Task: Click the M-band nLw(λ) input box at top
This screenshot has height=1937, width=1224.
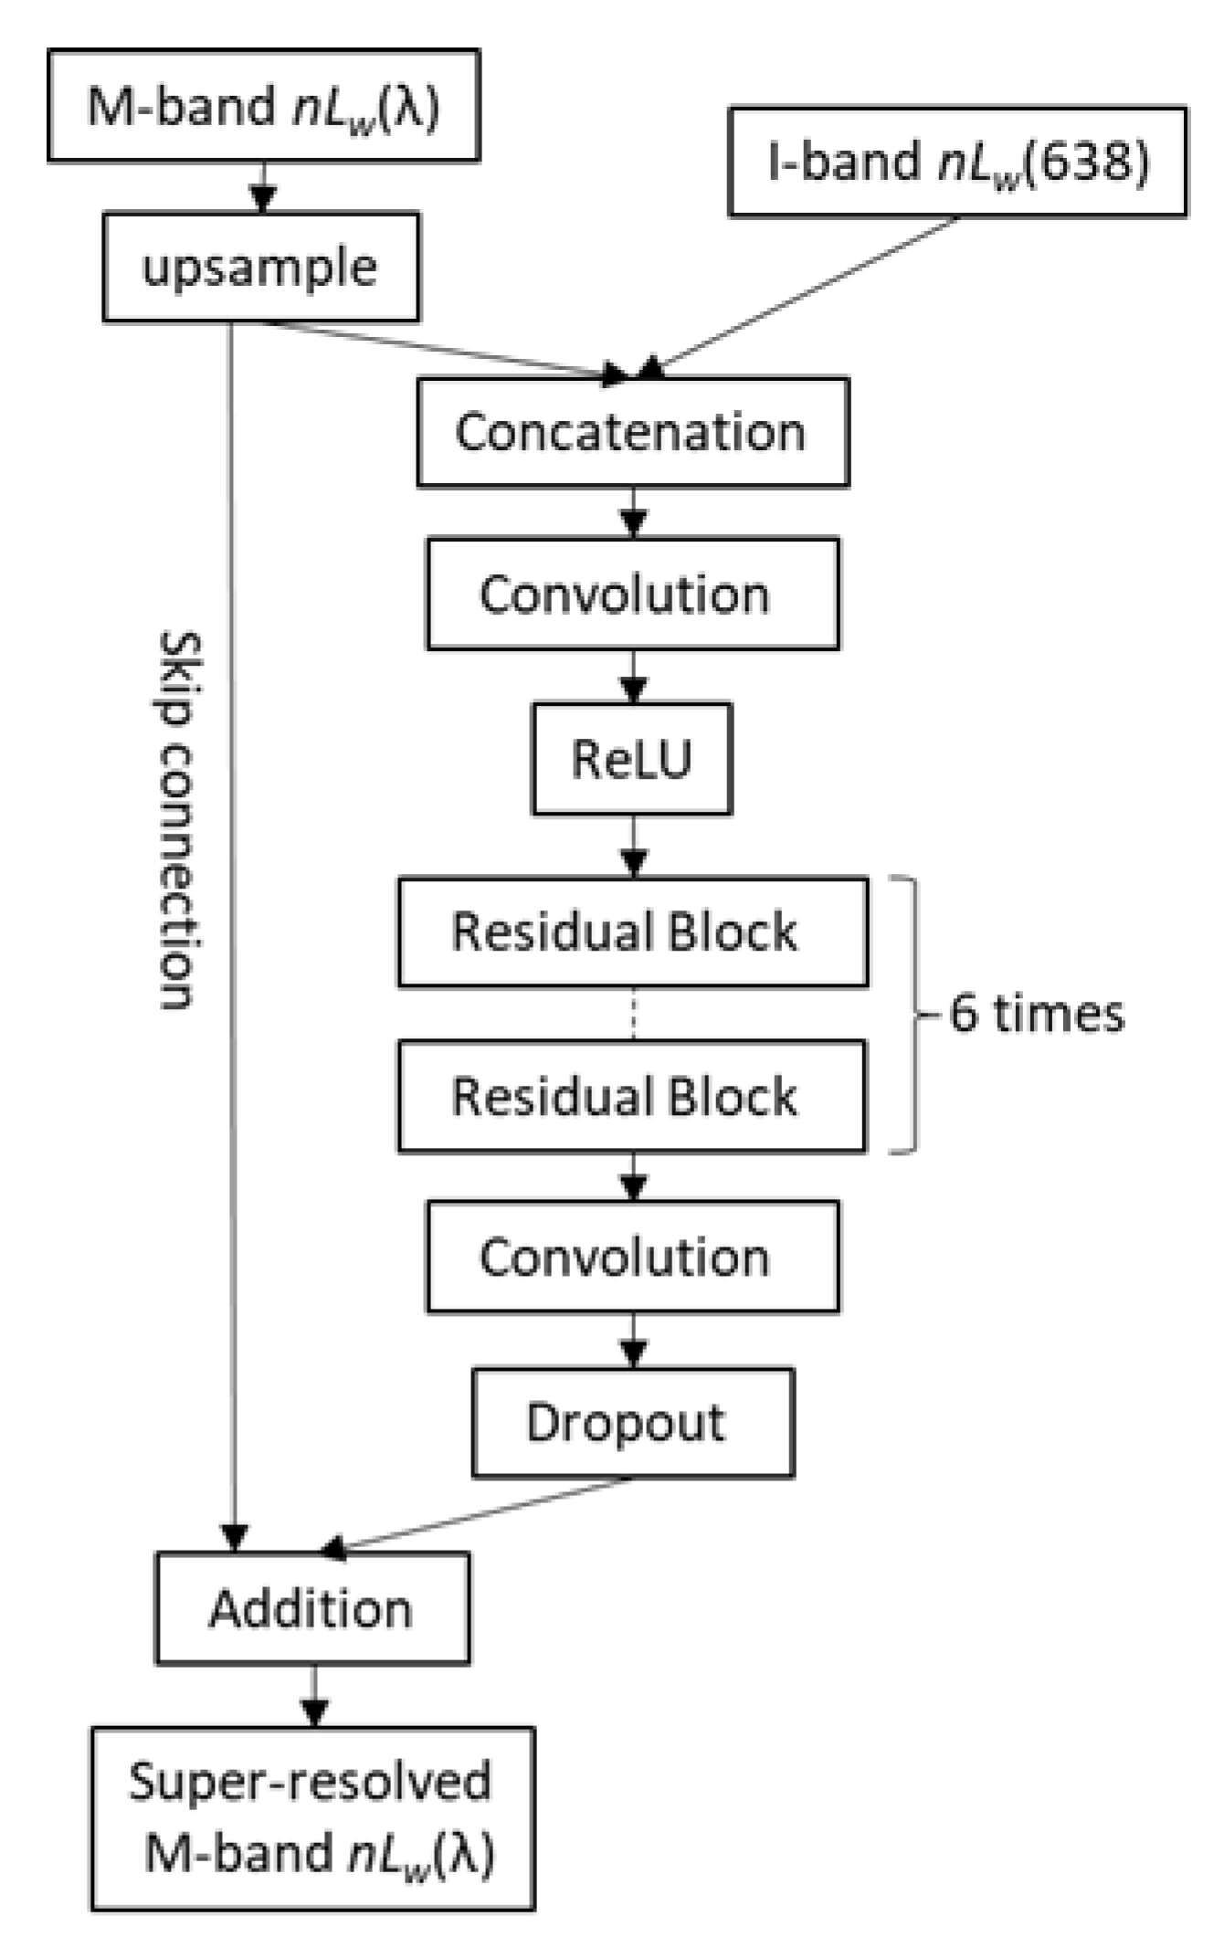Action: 263,106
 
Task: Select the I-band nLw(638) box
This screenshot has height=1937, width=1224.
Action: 957,162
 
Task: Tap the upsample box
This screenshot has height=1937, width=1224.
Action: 260,267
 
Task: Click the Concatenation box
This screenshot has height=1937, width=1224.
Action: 632,431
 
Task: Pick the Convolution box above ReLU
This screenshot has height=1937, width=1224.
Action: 632,594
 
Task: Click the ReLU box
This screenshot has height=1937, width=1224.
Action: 632,758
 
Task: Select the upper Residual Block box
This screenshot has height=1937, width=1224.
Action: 632,932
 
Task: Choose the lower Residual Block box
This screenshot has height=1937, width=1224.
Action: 632,1095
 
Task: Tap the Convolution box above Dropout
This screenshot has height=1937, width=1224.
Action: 632,1257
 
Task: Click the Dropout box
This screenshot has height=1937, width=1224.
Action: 632,1422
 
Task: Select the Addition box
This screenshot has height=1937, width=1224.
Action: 312,1607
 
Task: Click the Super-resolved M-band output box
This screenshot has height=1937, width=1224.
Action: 312,1817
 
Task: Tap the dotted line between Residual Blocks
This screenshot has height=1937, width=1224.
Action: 634,1014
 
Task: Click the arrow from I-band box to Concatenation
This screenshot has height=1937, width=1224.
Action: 804,294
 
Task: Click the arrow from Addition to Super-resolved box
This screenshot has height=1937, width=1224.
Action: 314,1696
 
